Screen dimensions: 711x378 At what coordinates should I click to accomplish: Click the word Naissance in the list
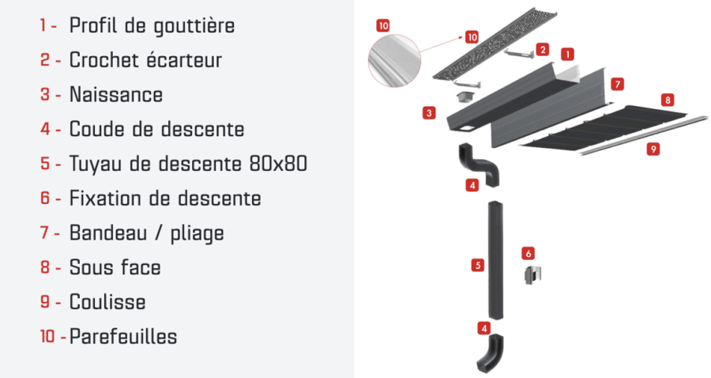(x=115, y=94)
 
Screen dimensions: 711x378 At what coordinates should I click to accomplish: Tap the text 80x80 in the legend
(x=278, y=164)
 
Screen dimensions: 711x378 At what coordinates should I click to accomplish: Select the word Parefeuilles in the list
(x=123, y=337)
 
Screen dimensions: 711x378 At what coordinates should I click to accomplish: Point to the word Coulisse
(x=107, y=302)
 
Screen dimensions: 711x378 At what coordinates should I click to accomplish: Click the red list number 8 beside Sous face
(x=45, y=267)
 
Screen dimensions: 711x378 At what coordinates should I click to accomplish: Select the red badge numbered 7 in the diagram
(x=617, y=84)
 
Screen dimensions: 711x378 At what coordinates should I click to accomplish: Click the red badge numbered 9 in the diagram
(x=653, y=149)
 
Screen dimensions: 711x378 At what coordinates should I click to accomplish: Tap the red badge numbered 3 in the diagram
(x=429, y=112)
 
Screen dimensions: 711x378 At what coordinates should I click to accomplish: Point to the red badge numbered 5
(x=477, y=265)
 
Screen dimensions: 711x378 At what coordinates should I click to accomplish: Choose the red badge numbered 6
(x=528, y=253)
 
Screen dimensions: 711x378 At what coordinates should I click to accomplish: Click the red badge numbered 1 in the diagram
(x=567, y=55)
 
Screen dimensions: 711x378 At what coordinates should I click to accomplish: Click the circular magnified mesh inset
(x=394, y=61)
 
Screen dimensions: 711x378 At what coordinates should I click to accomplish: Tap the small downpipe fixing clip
(x=532, y=275)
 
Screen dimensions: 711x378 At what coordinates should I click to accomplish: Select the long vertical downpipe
(x=495, y=260)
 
